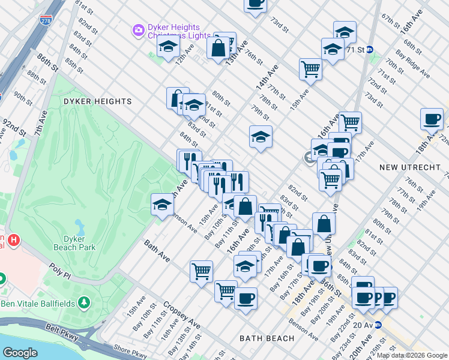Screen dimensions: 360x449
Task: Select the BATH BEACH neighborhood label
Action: [x=267, y=338]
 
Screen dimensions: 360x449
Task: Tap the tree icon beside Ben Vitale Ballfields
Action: [x=85, y=301]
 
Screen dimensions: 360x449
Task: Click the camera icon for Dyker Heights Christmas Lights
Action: [x=139, y=29]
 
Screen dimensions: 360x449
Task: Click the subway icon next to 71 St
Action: [x=370, y=50]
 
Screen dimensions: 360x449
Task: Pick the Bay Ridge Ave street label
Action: [x=415, y=66]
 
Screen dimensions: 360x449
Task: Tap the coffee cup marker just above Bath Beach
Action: [x=245, y=298]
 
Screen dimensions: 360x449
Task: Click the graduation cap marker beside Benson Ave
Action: [x=161, y=205]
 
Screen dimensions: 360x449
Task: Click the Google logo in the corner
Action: [x=20, y=353]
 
